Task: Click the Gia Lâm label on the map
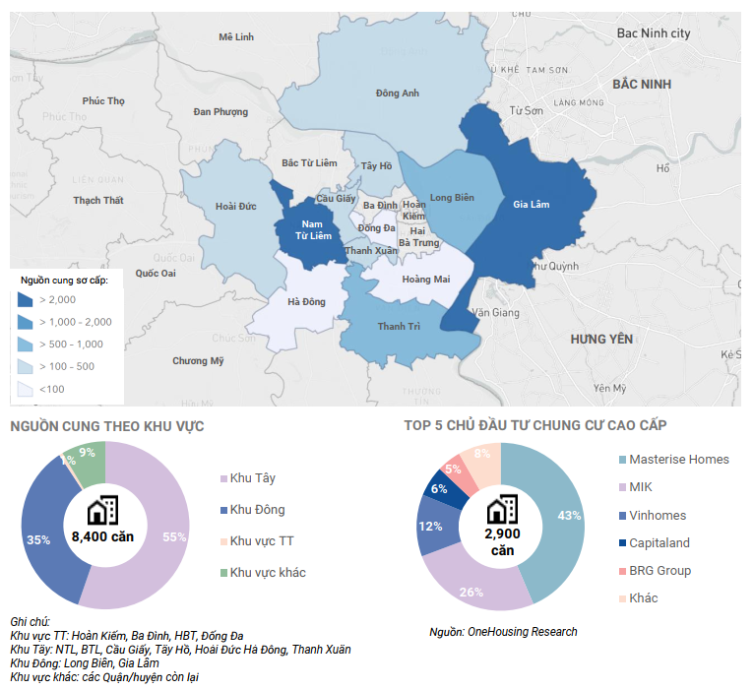[x=531, y=205]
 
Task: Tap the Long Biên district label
[x=452, y=198]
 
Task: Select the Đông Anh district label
[x=398, y=94]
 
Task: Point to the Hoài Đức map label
[x=235, y=207]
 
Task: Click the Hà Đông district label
[x=306, y=301]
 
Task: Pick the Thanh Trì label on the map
[x=399, y=327]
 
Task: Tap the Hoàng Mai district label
[x=426, y=280]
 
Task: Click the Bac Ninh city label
[x=654, y=33]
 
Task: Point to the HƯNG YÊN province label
[x=600, y=339]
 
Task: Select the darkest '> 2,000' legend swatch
[x=26, y=299]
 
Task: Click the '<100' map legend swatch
[x=26, y=389]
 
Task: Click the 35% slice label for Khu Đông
[x=38, y=539]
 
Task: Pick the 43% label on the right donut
[x=569, y=516]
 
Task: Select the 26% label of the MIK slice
[x=471, y=592]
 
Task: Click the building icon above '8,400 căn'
[x=102, y=510]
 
